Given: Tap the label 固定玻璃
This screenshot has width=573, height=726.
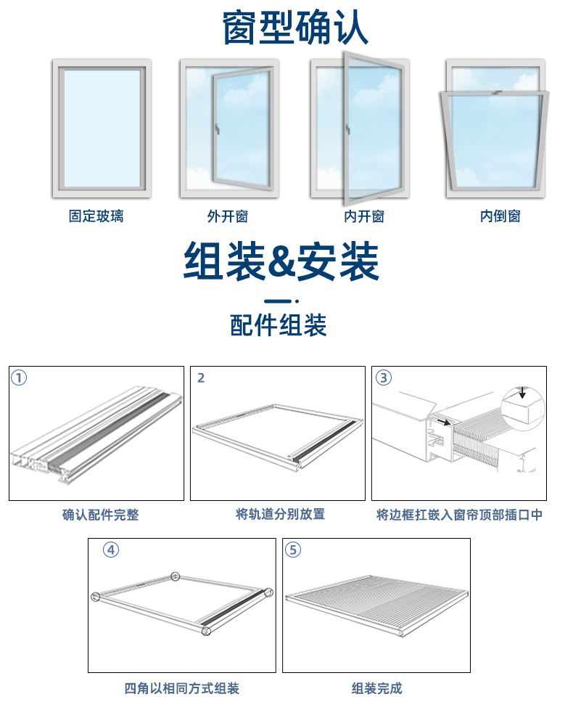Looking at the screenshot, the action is coord(96,216).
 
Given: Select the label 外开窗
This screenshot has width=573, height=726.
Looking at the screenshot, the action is coord(227,216).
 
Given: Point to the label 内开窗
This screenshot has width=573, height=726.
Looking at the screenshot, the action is coord(363,216).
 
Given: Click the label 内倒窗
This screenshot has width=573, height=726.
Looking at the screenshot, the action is coord(500,216).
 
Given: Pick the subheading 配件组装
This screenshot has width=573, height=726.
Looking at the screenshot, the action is coord(279,325).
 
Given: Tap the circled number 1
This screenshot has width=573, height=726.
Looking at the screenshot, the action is coord(20,378).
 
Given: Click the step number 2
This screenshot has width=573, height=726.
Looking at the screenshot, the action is coord(201,378).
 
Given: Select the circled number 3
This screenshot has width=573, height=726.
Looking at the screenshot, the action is coord(384,378).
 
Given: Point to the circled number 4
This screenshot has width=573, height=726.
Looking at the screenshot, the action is coord(111,550).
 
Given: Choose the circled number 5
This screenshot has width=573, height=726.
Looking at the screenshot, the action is coord(293,550).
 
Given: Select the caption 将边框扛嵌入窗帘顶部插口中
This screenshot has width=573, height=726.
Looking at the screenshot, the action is coord(459,515).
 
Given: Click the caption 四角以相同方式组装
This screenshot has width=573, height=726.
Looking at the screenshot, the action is coord(181,688).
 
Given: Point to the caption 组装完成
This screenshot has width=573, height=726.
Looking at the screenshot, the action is coord(376,688).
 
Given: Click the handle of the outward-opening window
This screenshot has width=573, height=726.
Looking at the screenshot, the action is coord(216,131).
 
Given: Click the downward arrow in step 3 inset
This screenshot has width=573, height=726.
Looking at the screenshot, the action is coord(522,393).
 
